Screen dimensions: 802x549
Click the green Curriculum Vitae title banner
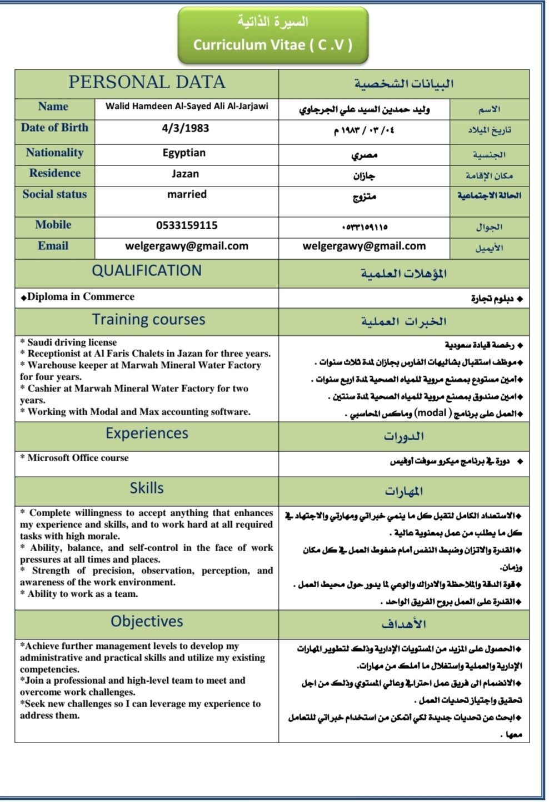click(272, 34)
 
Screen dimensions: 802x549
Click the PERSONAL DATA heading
click(147, 83)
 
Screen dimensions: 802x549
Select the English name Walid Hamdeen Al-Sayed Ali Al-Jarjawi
click(187, 106)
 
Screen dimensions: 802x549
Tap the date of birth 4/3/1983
click(186, 128)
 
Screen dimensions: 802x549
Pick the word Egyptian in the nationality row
click(184, 153)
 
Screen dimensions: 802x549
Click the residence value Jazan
click(185, 174)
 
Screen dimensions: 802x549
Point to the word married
click(187, 194)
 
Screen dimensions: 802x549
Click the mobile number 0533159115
click(187, 225)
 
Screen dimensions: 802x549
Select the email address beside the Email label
click(187, 246)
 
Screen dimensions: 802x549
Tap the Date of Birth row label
click(54, 128)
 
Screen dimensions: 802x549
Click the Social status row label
click(54, 194)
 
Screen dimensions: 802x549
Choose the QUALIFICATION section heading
click(147, 271)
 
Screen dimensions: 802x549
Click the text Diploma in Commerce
click(81, 297)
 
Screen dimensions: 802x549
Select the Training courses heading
click(148, 320)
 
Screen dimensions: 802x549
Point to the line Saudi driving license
click(72, 342)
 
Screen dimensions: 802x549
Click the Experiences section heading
click(147, 433)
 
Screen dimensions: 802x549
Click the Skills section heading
click(147, 488)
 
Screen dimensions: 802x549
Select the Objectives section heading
click(147, 622)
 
